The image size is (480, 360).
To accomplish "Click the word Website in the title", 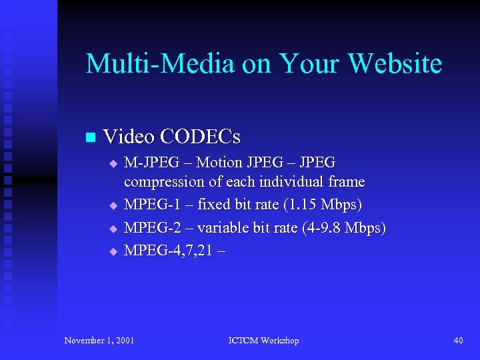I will (395, 64).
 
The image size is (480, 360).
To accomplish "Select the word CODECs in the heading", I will (200, 137).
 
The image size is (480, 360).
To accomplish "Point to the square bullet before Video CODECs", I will (91, 137).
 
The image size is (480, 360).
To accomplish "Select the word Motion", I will (221, 163).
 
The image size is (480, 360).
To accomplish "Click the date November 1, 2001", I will (99, 341).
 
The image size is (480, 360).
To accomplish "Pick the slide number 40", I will (458, 341).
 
